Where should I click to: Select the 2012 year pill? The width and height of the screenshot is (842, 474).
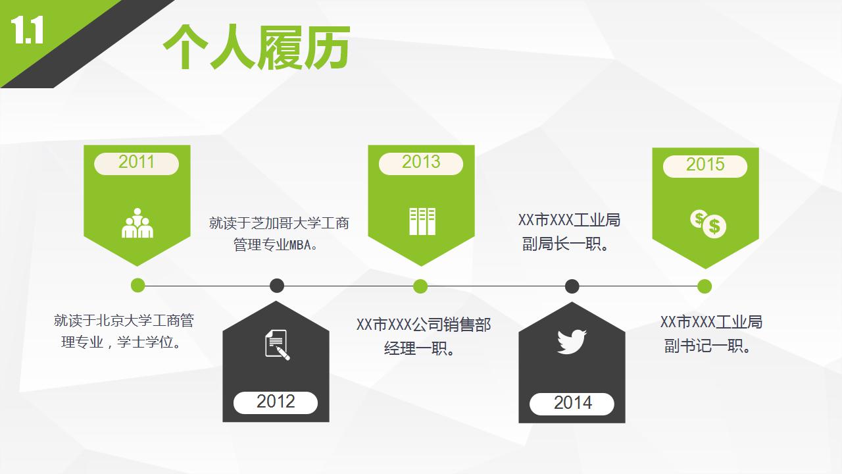pos(276,402)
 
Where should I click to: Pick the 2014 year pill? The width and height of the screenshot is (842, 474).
pos(572,404)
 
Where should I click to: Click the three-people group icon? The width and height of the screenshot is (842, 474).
pos(137,224)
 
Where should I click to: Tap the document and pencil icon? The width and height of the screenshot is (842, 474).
pos(277,344)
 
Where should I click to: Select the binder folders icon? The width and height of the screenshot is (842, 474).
pos(422,221)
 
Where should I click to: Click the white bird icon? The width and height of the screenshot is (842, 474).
pos(572,342)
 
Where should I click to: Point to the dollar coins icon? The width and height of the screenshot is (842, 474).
pos(708,224)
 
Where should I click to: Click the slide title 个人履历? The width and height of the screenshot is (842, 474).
pos(256,47)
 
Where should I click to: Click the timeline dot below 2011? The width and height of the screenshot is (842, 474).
pos(137,286)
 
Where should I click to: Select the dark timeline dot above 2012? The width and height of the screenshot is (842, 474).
pos(277,286)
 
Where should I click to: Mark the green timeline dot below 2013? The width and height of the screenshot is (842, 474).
pos(421,286)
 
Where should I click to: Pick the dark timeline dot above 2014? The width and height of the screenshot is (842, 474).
pos(572,286)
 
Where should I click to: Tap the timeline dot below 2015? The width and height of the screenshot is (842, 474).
pos(705,286)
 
